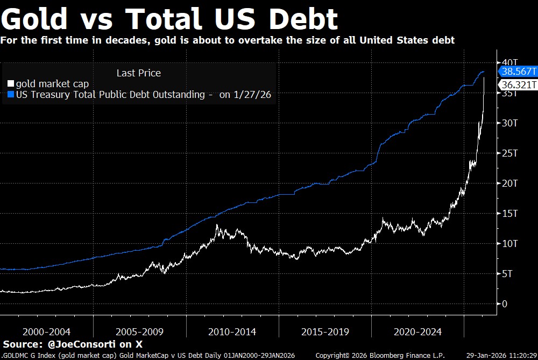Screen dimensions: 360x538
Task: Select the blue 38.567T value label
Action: (519, 72)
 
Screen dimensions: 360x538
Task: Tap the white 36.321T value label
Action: (519, 85)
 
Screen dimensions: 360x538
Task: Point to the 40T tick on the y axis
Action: (509, 62)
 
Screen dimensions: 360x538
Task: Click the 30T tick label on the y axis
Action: (509, 123)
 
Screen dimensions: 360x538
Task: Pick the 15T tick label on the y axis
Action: (509, 214)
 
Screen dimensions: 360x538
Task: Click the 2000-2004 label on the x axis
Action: (47, 331)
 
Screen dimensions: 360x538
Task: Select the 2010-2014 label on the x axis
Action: (232, 331)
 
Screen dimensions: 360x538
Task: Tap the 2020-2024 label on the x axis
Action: (417, 331)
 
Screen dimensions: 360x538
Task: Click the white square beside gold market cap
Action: (11, 84)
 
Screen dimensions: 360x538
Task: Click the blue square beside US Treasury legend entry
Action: (11, 95)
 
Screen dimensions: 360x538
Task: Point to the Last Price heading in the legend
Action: (138, 73)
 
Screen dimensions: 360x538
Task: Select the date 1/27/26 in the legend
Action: (253, 95)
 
